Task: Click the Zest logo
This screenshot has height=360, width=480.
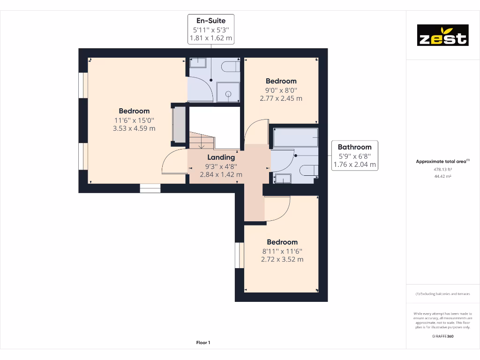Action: pos(442,35)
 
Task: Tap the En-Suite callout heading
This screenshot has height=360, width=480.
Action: pos(210,21)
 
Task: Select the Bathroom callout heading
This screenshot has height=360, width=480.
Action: pos(354,147)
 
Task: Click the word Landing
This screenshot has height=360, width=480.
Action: pos(221,157)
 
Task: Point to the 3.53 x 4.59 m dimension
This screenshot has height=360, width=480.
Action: pos(134,128)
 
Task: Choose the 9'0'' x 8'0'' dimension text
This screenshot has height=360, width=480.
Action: pos(281,90)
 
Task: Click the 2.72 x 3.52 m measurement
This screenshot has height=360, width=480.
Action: pos(282,259)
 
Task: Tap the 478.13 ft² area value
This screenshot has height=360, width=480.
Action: pos(442,169)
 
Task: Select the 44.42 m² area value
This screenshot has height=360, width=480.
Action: pos(442,176)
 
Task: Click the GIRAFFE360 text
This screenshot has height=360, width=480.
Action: pos(442,336)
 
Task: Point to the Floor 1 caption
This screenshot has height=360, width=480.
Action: pos(203,343)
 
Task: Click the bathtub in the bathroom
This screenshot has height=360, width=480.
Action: pos(296,138)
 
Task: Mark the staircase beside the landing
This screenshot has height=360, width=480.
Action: pos(201,140)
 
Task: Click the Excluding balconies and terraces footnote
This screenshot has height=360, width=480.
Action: pos(442,294)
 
